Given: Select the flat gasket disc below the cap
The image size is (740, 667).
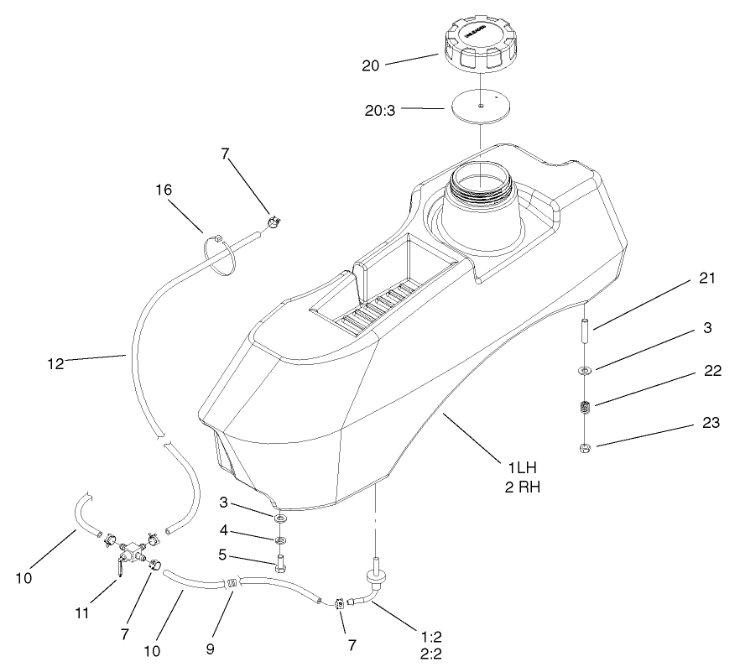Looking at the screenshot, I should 479,107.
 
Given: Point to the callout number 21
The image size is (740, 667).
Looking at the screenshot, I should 706,279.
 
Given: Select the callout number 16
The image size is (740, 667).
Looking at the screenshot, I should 164,190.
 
